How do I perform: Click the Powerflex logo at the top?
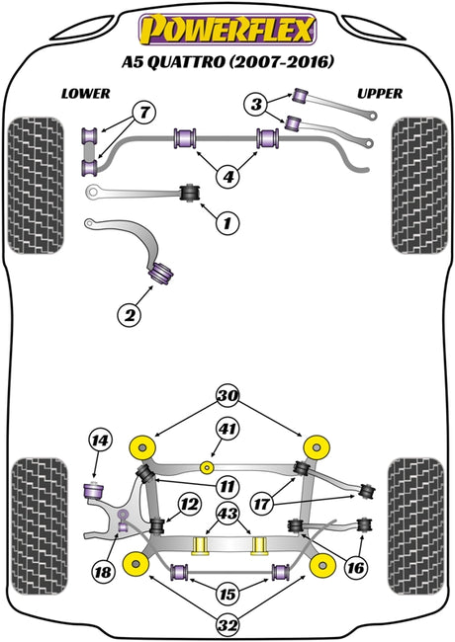(227, 29)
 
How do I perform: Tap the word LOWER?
(86, 94)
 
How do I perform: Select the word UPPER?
(380, 94)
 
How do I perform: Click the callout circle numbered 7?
(143, 113)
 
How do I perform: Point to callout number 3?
(256, 104)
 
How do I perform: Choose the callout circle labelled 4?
(227, 177)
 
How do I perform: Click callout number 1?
(227, 223)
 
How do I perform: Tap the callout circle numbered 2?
(130, 315)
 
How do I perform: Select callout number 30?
(227, 396)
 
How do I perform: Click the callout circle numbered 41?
(227, 429)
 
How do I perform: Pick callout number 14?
(101, 441)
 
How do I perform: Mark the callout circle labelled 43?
(227, 514)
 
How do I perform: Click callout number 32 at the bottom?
(227, 625)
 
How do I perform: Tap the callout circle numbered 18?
(103, 571)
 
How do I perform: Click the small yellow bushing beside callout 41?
(208, 467)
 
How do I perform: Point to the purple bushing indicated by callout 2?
(161, 273)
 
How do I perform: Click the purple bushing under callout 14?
(93, 490)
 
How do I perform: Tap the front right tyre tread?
(419, 186)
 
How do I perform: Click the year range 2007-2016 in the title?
(281, 62)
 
